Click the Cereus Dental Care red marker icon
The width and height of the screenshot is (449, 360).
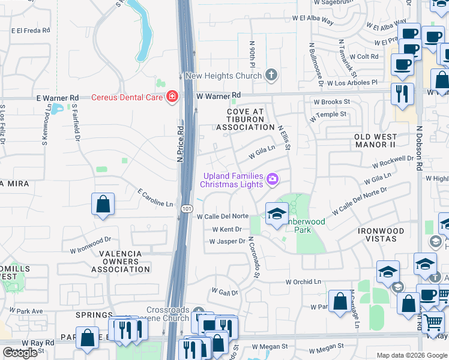[172, 97]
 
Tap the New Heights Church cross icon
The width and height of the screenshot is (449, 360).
[271, 75]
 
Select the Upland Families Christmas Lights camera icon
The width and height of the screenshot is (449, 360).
[273, 179]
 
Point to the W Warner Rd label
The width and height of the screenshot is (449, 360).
[218, 95]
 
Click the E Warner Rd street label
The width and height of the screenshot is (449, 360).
[58, 97]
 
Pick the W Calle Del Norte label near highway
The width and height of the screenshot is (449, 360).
[223, 217]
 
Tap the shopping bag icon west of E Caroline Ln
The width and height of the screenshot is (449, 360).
[103, 203]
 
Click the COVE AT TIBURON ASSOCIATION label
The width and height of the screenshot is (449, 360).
[245, 119]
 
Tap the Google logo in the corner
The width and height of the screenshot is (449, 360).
[20, 353]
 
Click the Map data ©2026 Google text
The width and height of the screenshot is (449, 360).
[412, 355]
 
